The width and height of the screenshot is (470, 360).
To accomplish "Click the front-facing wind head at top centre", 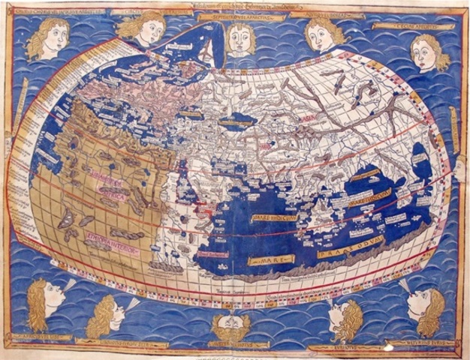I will pos(241,37).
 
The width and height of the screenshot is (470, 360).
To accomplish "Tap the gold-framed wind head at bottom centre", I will pos(231,325).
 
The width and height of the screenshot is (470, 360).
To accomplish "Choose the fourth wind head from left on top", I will pos(322,33).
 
